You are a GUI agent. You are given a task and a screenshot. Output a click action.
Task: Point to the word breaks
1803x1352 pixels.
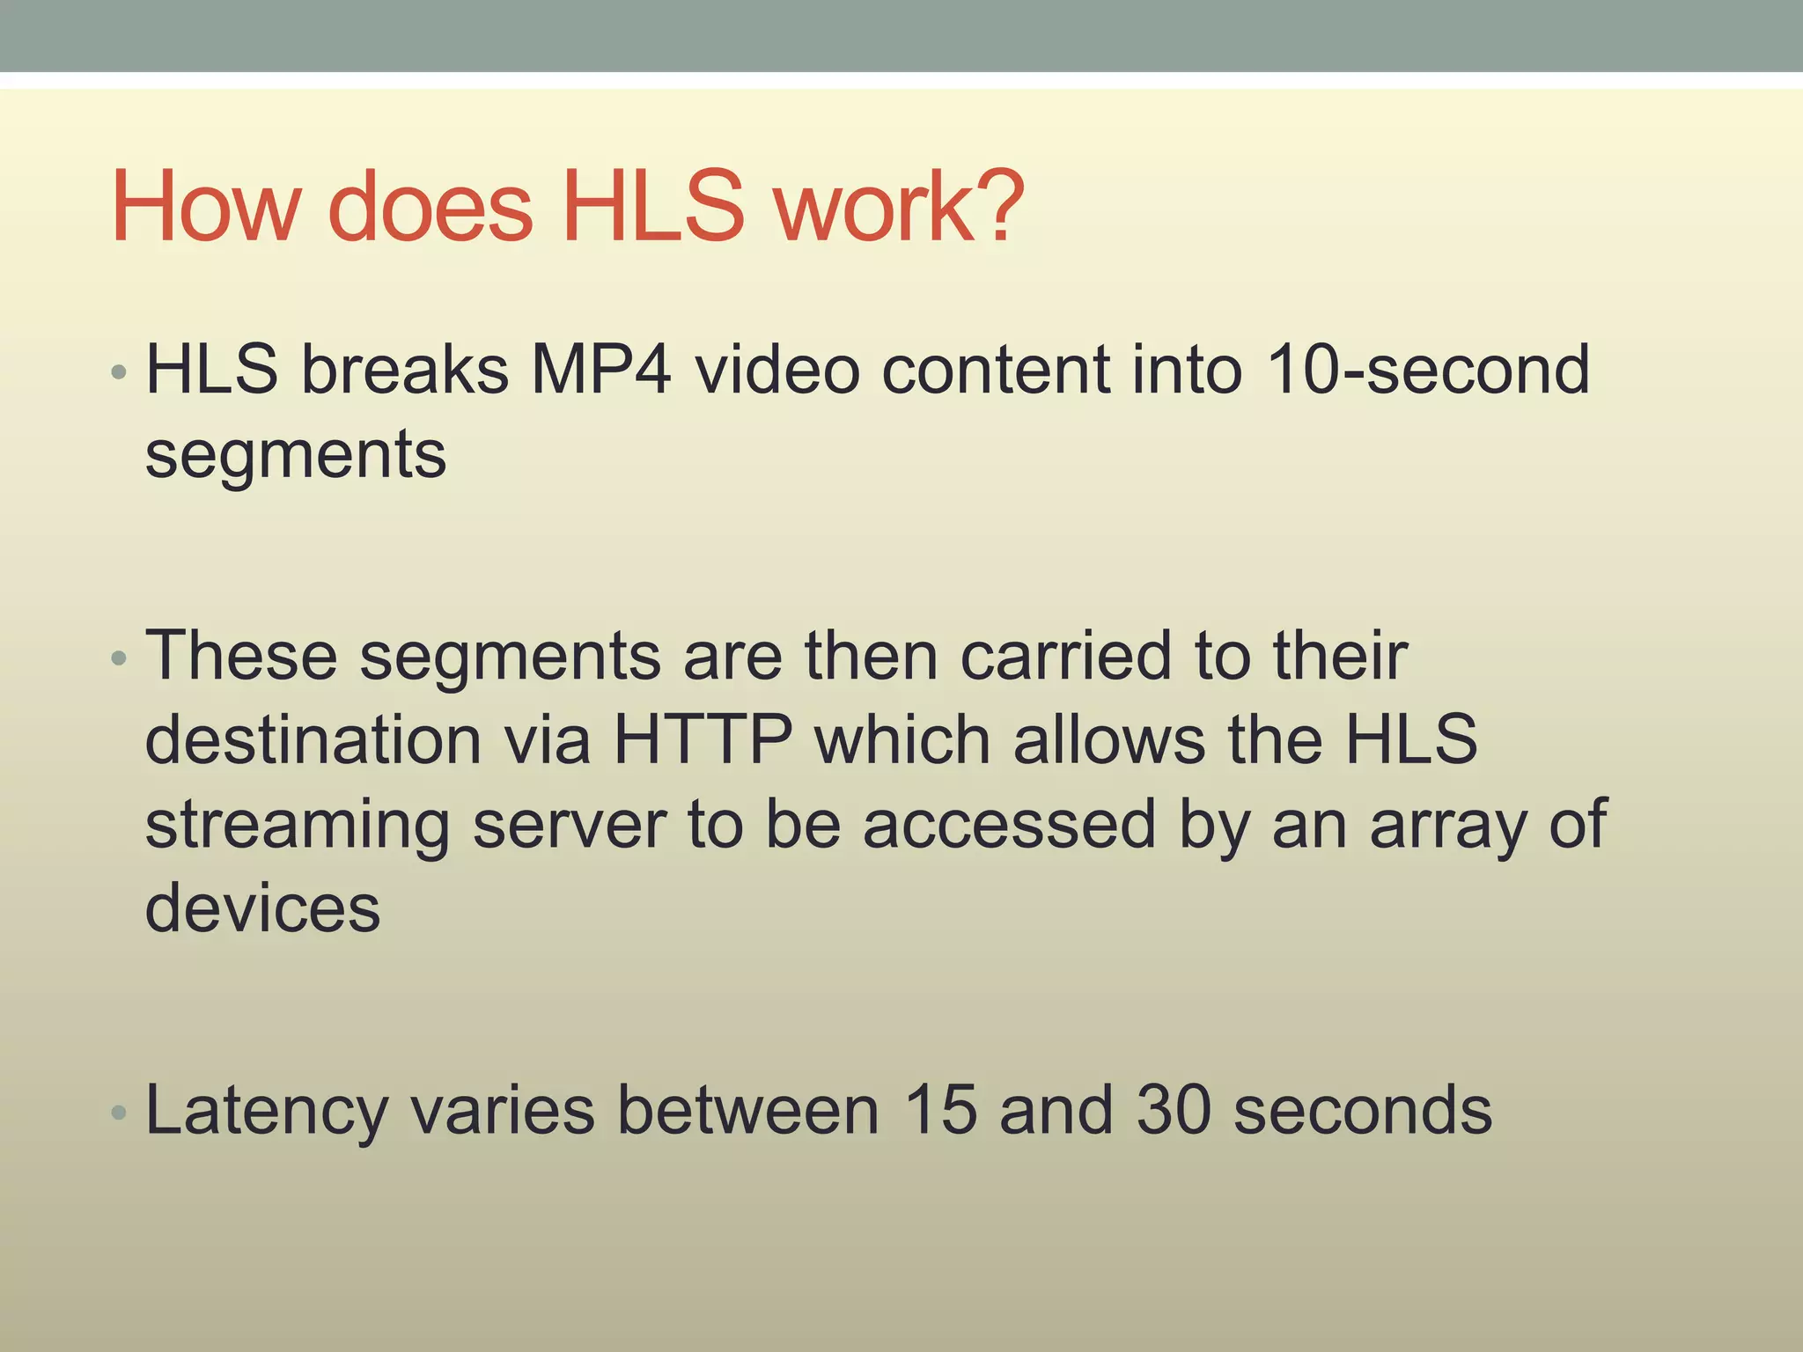click(x=405, y=370)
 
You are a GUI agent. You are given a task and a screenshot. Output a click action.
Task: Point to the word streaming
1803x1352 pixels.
click(x=298, y=826)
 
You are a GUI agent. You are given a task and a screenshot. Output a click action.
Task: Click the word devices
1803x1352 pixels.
click(x=262, y=908)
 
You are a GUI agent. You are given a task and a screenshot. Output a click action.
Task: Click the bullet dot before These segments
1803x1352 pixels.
click(x=120, y=658)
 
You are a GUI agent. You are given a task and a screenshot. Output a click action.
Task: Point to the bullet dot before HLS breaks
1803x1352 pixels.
click(x=120, y=373)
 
